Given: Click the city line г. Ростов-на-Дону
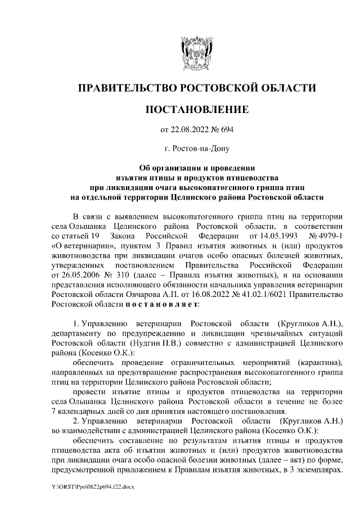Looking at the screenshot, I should (196, 149).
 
